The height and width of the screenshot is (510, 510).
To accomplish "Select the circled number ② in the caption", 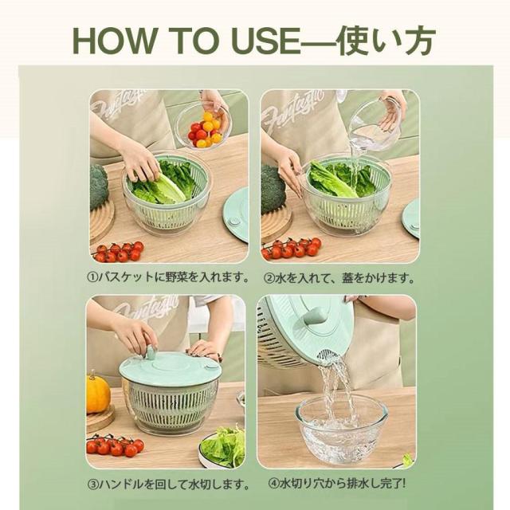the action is click(269, 278).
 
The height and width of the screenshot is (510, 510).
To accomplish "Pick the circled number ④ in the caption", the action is click(274, 484).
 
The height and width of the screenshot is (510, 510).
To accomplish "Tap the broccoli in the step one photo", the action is click(98, 187).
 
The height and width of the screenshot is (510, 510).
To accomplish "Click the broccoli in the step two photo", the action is click(273, 189).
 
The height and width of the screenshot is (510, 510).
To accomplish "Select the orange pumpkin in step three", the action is click(97, 394).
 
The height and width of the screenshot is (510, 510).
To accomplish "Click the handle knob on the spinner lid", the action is click(151, 352).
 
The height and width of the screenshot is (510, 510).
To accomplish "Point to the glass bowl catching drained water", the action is click(341, 430).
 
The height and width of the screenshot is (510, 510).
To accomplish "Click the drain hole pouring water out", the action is click(328, 355).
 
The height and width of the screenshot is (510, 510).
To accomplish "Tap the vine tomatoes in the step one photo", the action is click(119, 252).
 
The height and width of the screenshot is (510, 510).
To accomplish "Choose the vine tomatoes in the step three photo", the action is click(115, 445).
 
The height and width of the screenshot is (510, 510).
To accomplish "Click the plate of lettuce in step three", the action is click(222, 447).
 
